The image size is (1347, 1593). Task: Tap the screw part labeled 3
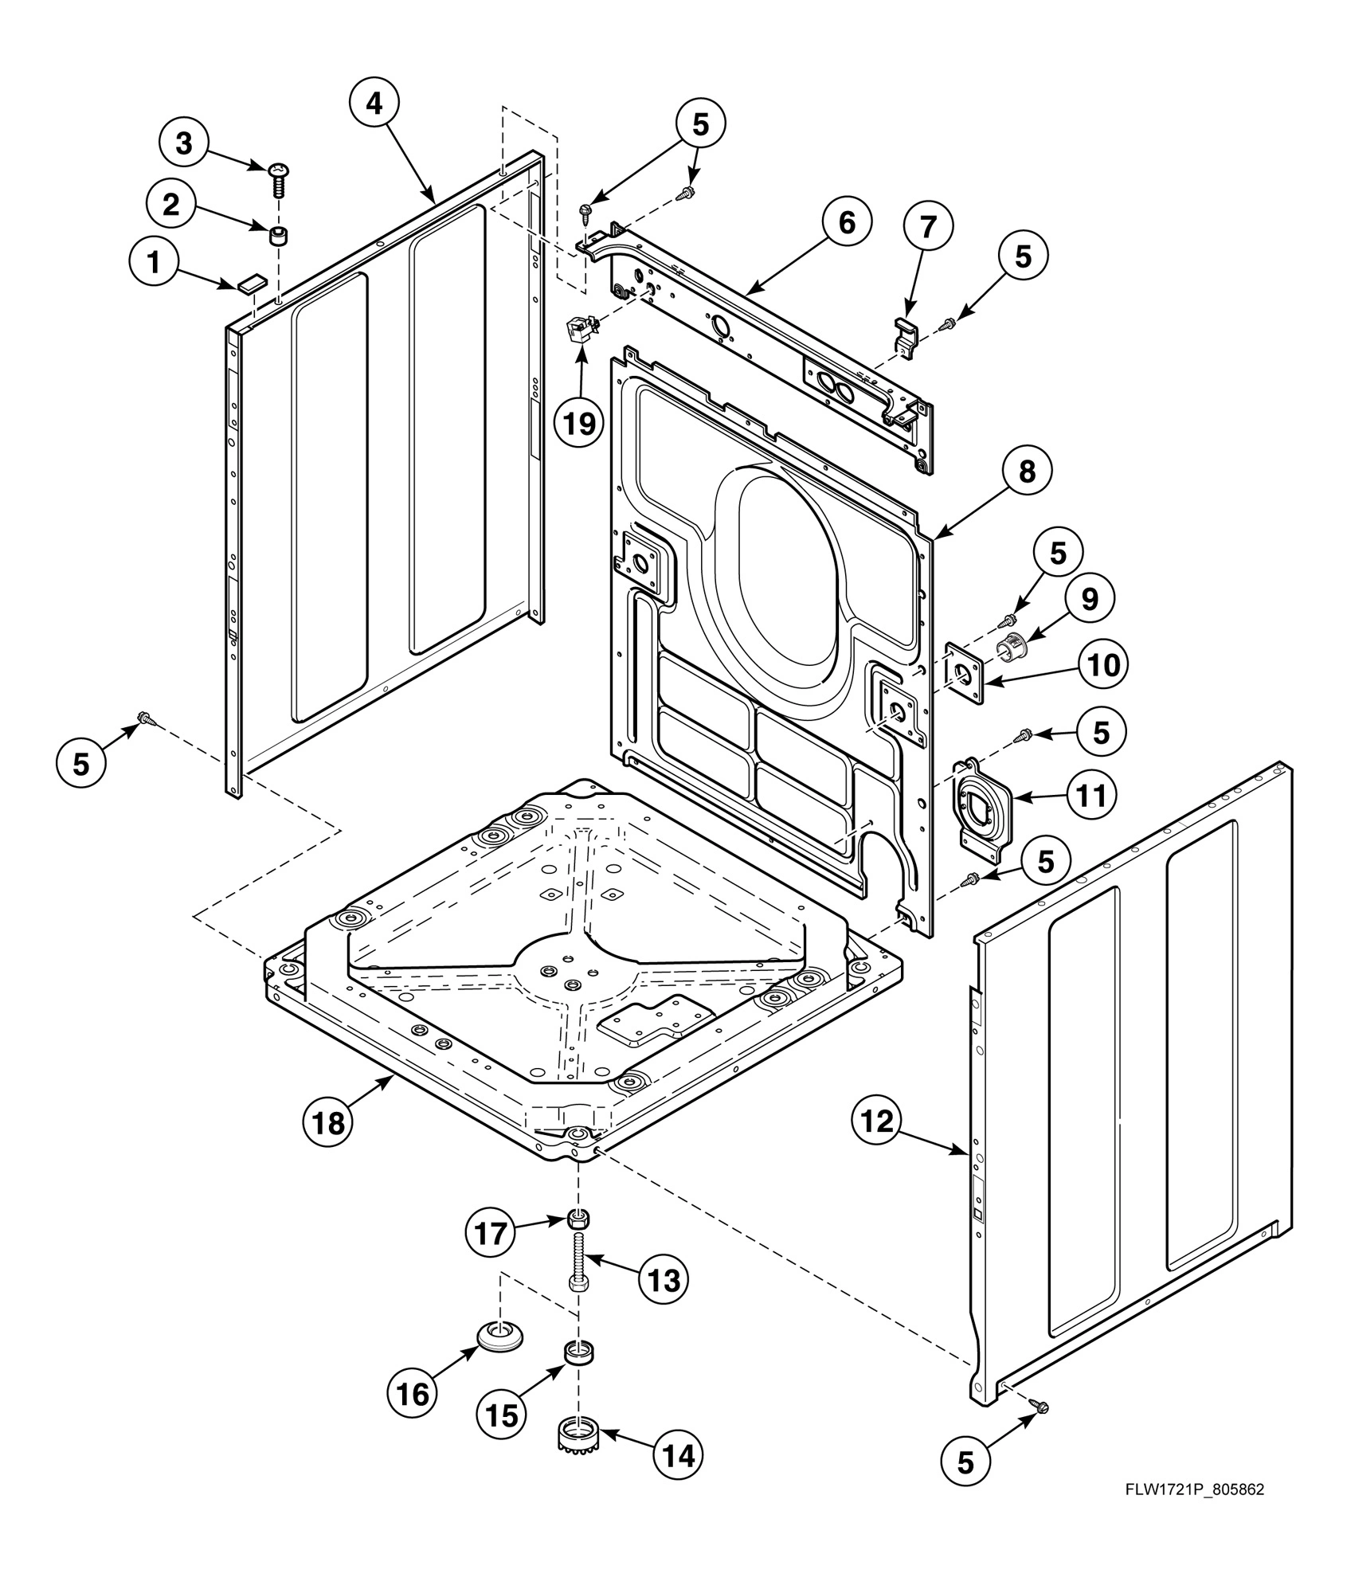tap(279, 179)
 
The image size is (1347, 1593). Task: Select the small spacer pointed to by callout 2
tap(278, 236)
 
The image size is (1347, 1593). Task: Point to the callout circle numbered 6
tap(847, 223)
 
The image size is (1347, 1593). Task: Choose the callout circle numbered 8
tap(1028, 472)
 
